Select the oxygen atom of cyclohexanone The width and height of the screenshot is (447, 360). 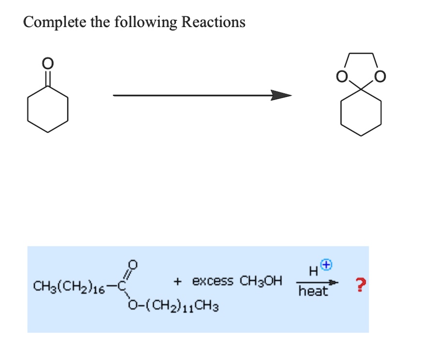(47, 63)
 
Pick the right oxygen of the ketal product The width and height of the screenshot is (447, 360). (380, 76)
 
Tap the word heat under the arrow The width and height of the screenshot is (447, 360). (313, 291)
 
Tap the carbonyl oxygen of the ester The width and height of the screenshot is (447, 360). (135, 265)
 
